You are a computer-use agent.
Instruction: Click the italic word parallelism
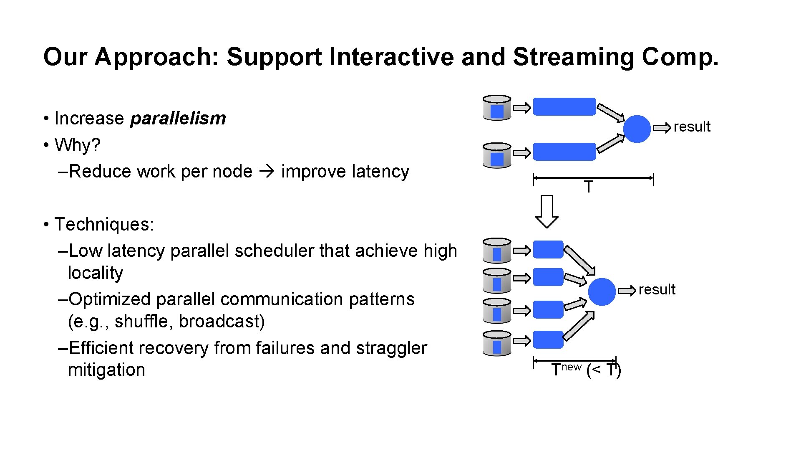(178, 119)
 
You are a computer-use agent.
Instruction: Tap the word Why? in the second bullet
(78, 145)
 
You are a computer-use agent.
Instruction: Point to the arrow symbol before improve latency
(267, 171)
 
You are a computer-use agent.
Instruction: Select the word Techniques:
(104, 224)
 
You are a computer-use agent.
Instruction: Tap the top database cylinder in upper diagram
(496, 108)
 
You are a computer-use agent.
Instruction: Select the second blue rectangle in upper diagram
(564, 152)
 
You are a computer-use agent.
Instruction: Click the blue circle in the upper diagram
(637, 129)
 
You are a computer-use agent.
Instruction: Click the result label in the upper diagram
(692, 127)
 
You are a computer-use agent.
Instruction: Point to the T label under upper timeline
(588, 187)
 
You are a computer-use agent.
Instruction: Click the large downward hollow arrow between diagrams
(547, 211)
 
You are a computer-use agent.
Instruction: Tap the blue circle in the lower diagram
(602, 291)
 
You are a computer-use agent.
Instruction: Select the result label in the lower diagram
(657, 289)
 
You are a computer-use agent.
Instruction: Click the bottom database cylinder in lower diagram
(496, 343)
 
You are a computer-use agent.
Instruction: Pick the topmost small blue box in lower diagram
(548, 250)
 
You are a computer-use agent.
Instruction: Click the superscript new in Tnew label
(571, 367)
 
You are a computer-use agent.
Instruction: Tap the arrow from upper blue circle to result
(662, 127)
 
